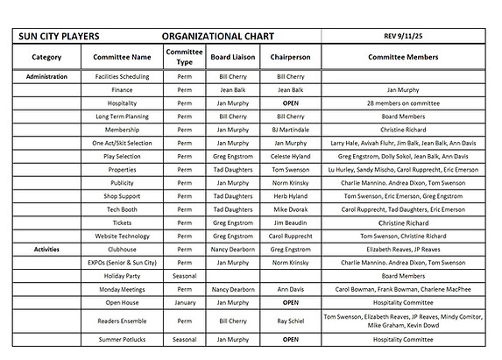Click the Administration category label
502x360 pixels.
tap(46, 77)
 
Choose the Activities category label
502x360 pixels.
tap(46, 249)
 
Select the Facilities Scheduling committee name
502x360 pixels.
tap(123, 77)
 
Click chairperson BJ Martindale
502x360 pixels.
tap(290, 130)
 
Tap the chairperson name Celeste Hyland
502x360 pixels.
tap(290, 156)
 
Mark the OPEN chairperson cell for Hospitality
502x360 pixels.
tap(290, 103)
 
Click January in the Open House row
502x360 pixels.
tap(184, 302)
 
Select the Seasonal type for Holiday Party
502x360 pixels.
tap(184, 275)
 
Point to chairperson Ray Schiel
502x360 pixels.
tap(290, 321)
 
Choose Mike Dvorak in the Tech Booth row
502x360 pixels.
tap(290, 209)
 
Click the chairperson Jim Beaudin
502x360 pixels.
tap(290, 222)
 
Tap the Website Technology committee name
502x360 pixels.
tap(123, 236)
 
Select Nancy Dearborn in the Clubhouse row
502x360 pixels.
tap(233, 249)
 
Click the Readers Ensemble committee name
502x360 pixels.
tap(123, 321)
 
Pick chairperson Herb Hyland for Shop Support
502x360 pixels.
tap(290, 196)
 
